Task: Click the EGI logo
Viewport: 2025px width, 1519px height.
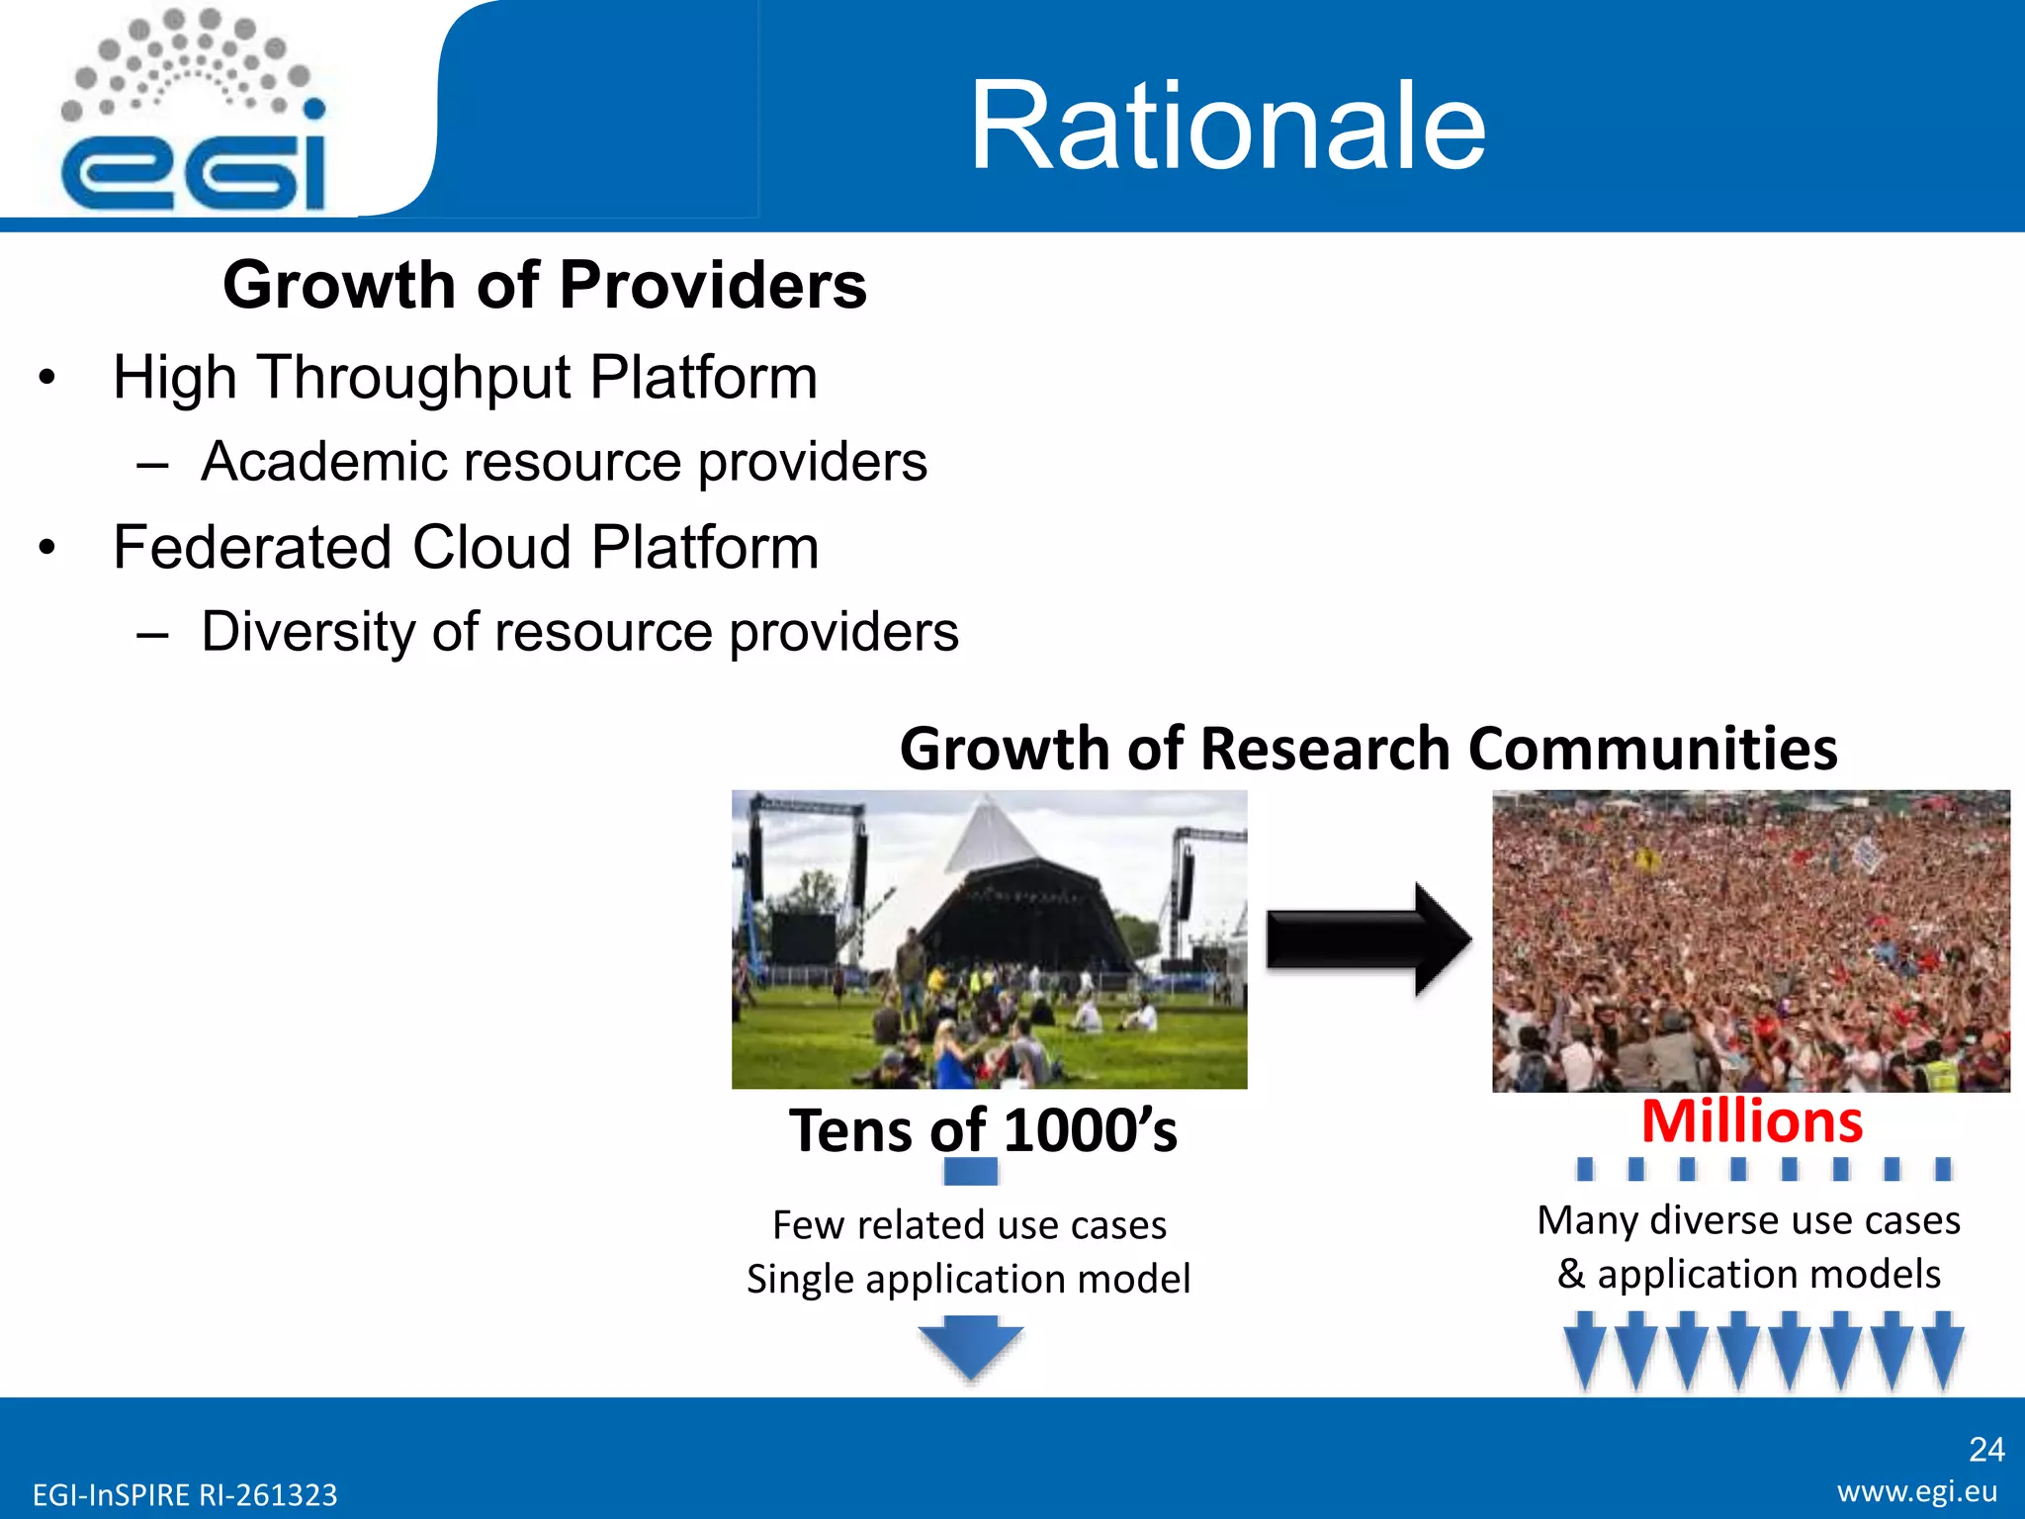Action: tap(193, 114)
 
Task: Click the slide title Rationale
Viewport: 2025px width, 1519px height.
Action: tap(1227, 126)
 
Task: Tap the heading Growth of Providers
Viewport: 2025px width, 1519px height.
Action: tap(544, 285)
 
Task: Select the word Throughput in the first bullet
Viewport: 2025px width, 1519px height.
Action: tap(414, 379)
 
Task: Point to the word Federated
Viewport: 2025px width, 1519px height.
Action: tap(251, 548)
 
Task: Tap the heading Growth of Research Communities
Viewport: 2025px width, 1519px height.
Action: tap(1367, 748)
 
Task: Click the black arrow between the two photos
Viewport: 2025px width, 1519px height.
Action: tap(1368, 939)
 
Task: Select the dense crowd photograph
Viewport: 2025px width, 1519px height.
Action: tap(1750, 940)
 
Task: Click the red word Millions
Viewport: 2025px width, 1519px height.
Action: tap(1751, 1121)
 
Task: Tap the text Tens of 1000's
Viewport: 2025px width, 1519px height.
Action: tap(983, 1130)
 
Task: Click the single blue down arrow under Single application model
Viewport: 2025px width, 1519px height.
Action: tap(971, 1346)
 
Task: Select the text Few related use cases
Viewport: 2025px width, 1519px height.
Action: tap(969, 1225)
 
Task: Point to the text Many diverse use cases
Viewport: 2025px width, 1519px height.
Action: tap(1748, 1220)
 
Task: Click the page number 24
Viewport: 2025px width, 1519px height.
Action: tap(1985, 1450)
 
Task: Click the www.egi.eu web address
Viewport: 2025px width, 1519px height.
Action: tap(1917, 1491)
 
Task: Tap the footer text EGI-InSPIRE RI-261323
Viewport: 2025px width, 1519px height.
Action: tap(185, 1494)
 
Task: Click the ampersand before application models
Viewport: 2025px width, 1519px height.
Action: tap(1570, 1274)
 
